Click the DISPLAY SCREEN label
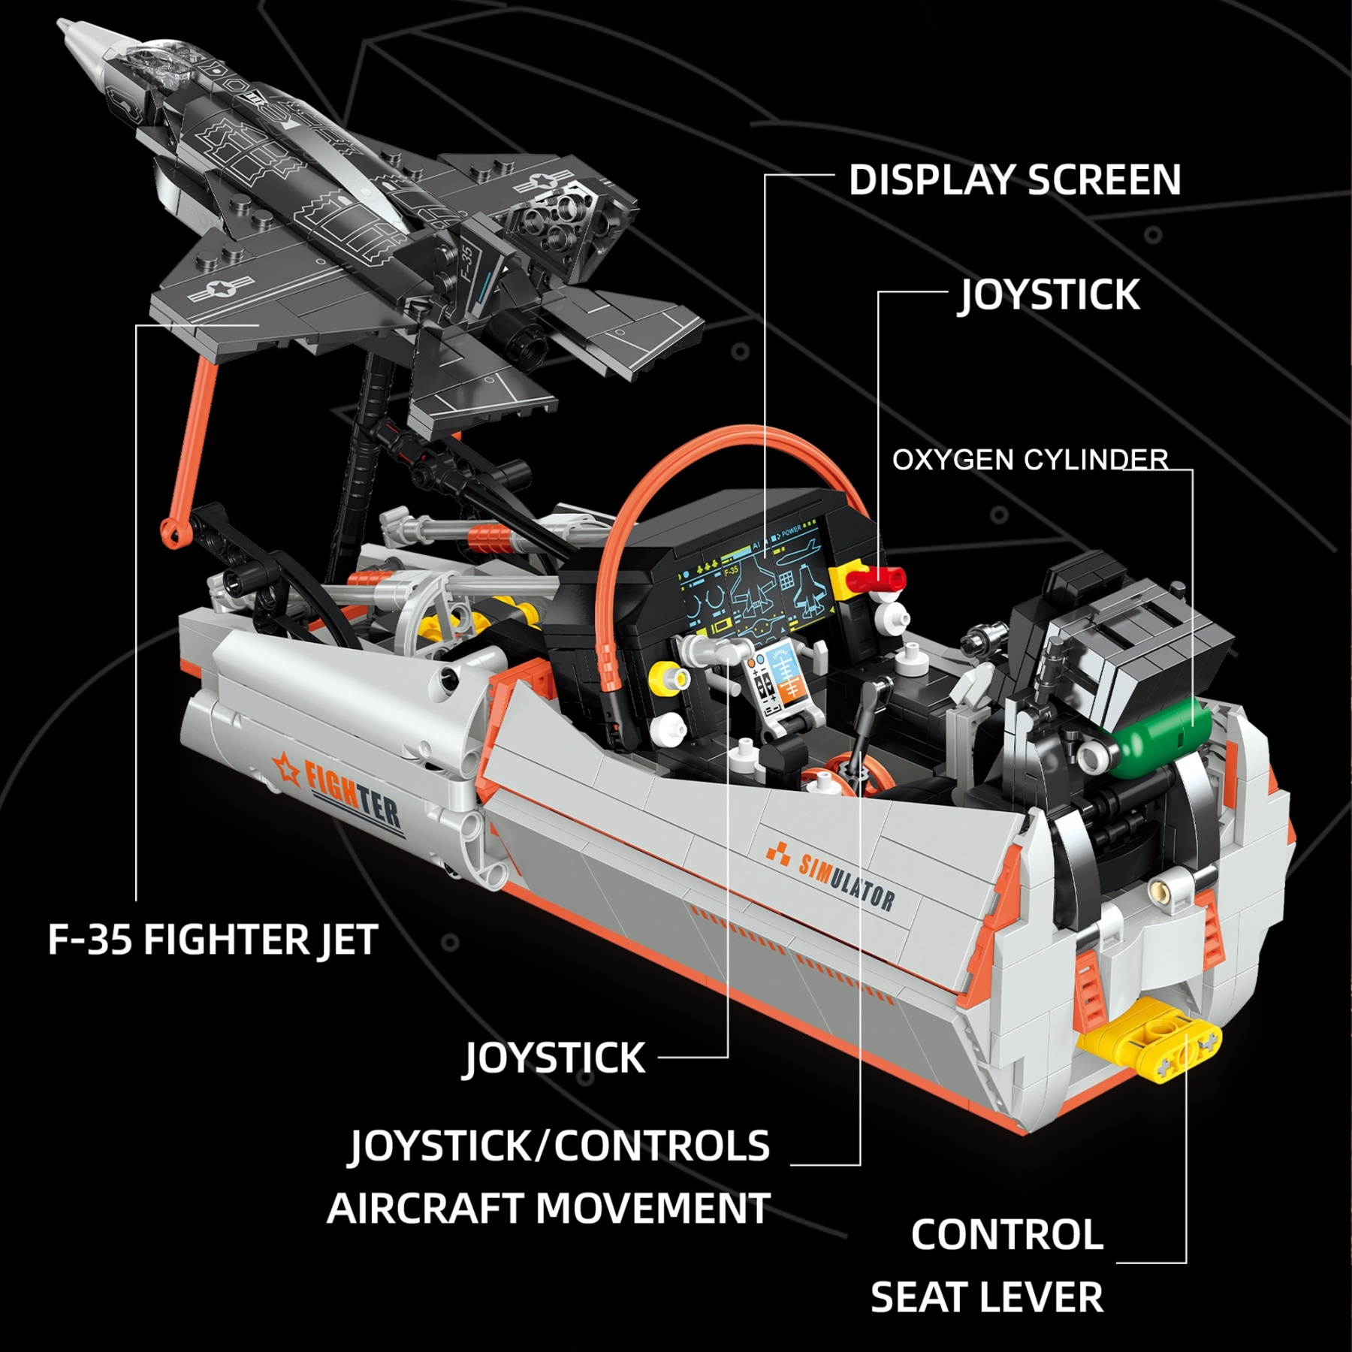click(1014, 180)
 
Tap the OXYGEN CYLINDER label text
click(1029, 460)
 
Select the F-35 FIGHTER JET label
click(213, 940)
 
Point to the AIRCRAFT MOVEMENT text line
click(548, 1209)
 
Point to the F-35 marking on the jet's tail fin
click(465, 260)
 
